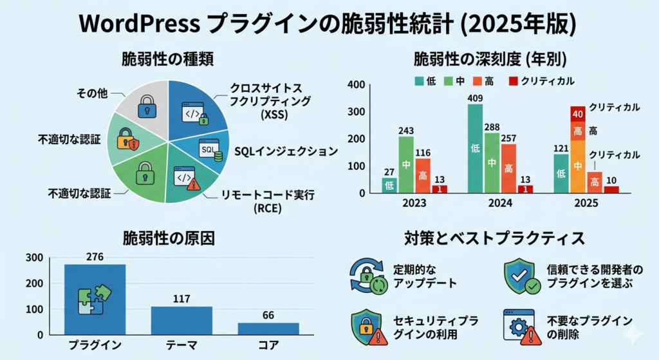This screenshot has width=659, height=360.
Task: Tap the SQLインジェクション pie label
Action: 285,151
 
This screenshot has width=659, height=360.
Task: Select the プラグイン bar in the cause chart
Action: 95,299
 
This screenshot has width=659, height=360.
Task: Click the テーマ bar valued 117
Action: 181,320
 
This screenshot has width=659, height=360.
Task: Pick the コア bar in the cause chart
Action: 268,328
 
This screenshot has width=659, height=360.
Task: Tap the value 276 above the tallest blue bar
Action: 95,257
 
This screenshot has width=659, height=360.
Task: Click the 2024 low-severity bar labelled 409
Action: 475,149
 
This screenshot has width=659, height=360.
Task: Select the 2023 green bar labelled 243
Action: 406,164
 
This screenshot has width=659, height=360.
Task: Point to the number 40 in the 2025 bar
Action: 577,115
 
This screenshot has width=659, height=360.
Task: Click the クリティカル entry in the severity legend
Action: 546,81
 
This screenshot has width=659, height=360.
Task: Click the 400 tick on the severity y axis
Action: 356,85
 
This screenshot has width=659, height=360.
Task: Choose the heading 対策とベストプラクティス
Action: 494,238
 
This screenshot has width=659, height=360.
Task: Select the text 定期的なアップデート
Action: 425,276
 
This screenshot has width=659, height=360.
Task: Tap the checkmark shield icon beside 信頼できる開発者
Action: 521,275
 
